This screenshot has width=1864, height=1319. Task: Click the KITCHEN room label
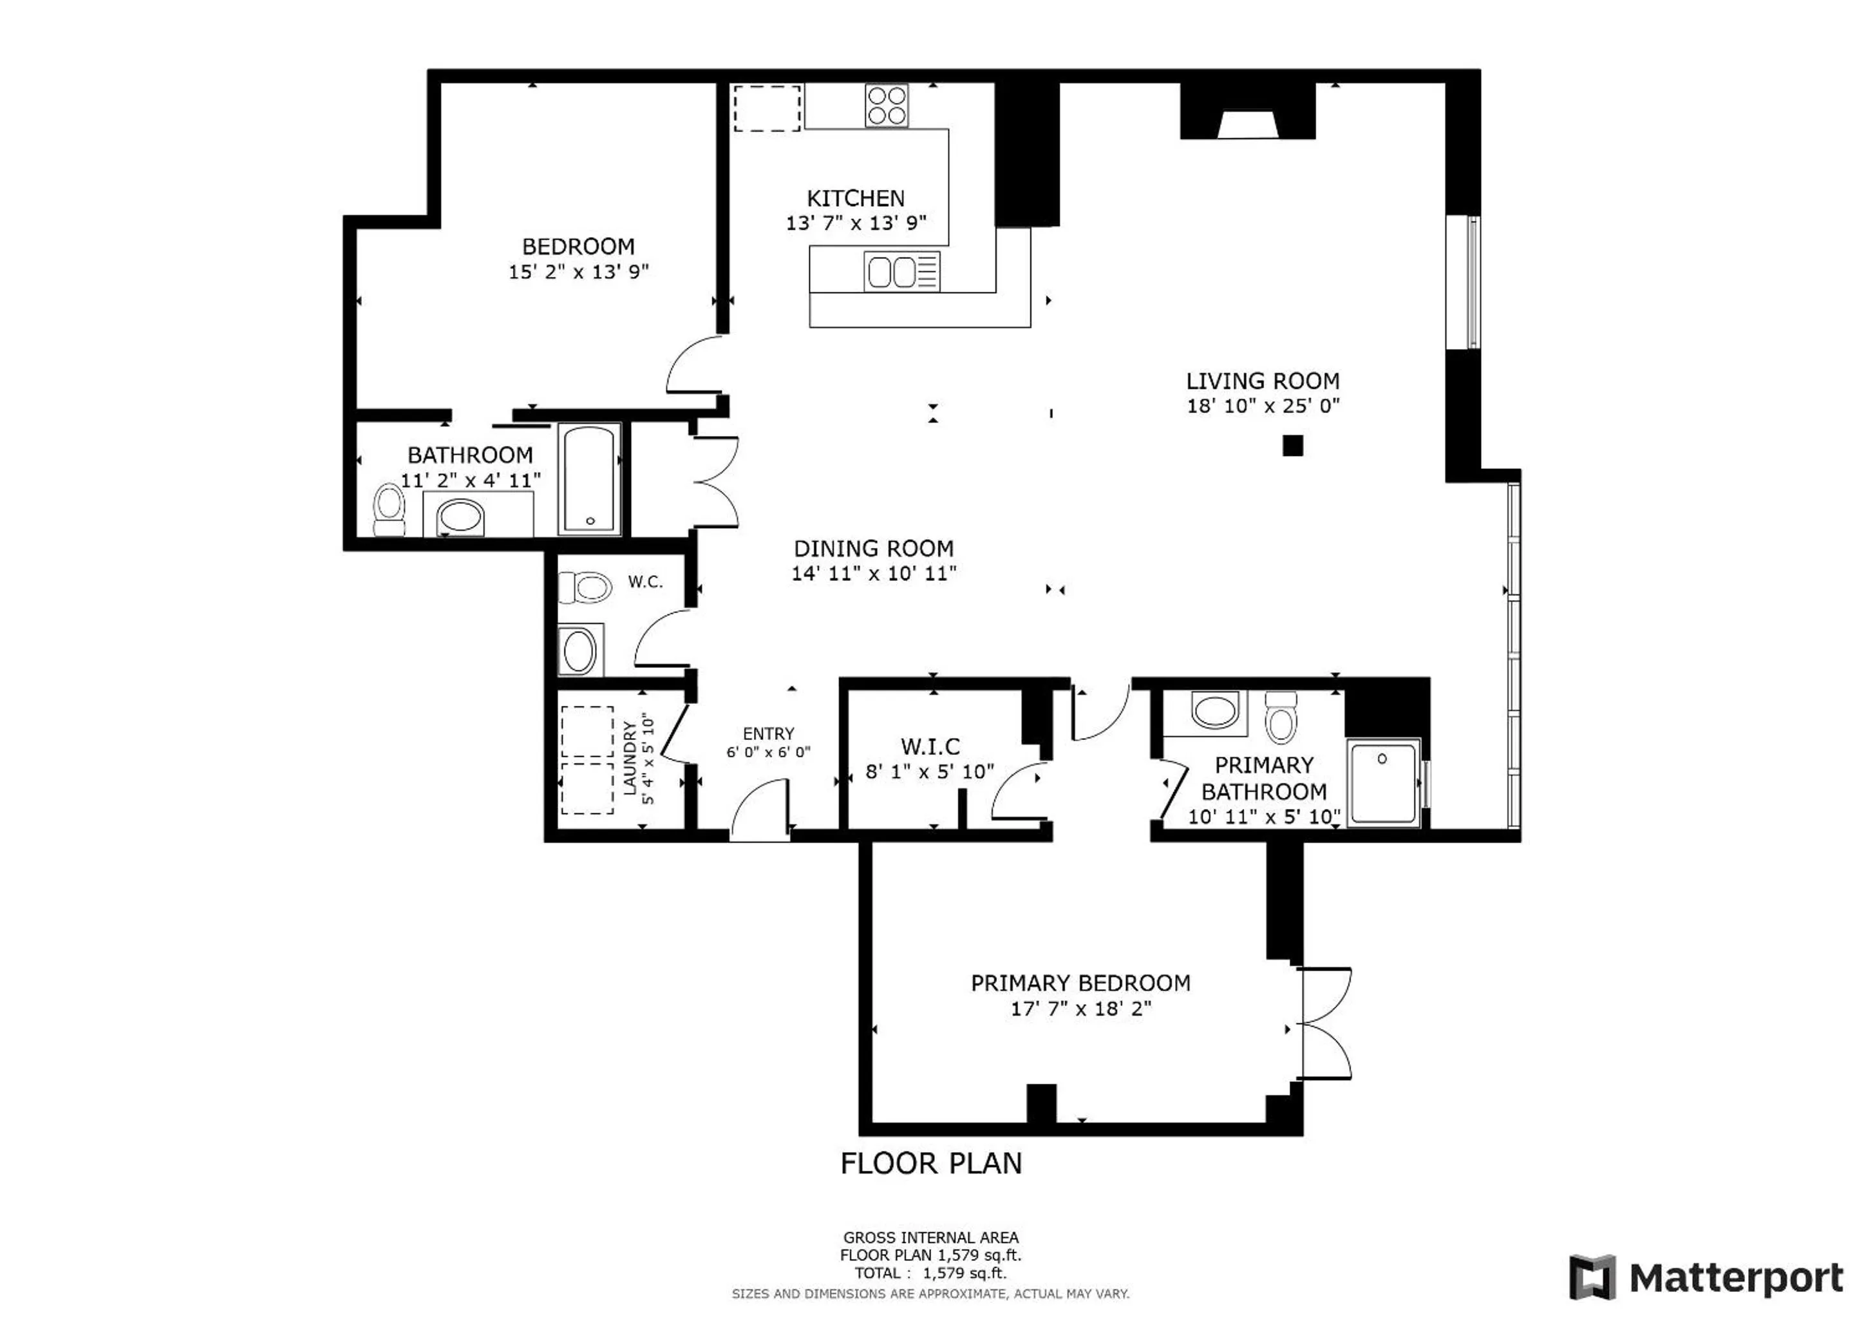pyautogui.click(x=855, y=198)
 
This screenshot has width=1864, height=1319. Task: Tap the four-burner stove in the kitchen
pyautogui.click(x=887, y=106)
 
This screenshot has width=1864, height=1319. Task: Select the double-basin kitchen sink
pyautogui.click(x=902, y=271)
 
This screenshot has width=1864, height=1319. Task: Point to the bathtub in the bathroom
pyautogui.click(x=589, y=479)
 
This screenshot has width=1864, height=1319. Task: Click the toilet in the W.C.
pyautogui.click(x=585, y=587)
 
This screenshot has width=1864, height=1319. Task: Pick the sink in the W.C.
pyautogui.click(x=579, y=650)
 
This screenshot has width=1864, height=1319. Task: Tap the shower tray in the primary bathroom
pyautogui.click(x=1384, y=782)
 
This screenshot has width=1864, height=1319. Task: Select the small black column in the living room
pyautogui.click(x=1292, y=445)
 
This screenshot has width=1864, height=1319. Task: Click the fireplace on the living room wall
pyautogui.click(x=1248, y=111)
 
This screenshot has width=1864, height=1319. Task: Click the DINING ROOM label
pyautogui.click(x=874, y=548)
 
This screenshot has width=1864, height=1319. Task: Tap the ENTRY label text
pyautogui.click(x=768, y=734)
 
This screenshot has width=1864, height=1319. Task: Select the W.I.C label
pyautogui.click(x=930, y=746)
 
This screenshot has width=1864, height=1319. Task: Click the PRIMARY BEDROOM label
pyautogui.click(x=1080, y=983)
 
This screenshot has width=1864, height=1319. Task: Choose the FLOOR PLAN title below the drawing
pyautogui.click(x=931, y=1163)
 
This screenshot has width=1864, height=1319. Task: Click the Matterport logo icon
pyautogui.click(x=1592, y=1278)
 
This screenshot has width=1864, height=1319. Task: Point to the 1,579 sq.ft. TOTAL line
pyautogui.click(x=930, y=1273)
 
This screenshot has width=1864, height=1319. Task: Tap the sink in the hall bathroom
pyautogui.click(x=460, y=517)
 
